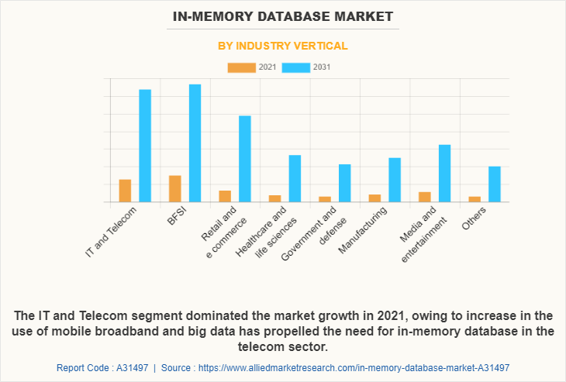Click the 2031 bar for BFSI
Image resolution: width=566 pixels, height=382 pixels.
click(x=195, y=143)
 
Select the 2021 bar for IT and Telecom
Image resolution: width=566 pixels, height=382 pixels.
click(x=125, y=191)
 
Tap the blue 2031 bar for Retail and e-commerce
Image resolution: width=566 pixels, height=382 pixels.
click(x=245, y=159)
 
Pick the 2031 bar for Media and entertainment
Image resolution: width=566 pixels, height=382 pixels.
click(x=444, y=174)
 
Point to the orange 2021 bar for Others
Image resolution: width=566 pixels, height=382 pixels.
click(x=475, y=199)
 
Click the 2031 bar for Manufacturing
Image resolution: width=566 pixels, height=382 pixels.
click(x=395, y=180)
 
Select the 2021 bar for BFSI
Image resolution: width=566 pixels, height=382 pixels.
click(x=175, y=189)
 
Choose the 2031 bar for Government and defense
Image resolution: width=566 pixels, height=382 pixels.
click(x=345, y=183)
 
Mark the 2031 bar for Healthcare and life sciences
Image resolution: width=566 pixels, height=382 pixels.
click(x=295, y=178)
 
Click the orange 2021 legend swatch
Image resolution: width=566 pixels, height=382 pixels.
click(x=241, y=67)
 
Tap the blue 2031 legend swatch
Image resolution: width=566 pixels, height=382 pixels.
click(x=295, y=67)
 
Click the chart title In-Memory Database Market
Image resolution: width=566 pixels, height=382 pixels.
click(x=283, y=16)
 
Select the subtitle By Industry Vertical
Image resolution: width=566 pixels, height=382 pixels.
click(x=283, y=46)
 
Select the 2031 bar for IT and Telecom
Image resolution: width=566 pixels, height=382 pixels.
click(x=145, y=146)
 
